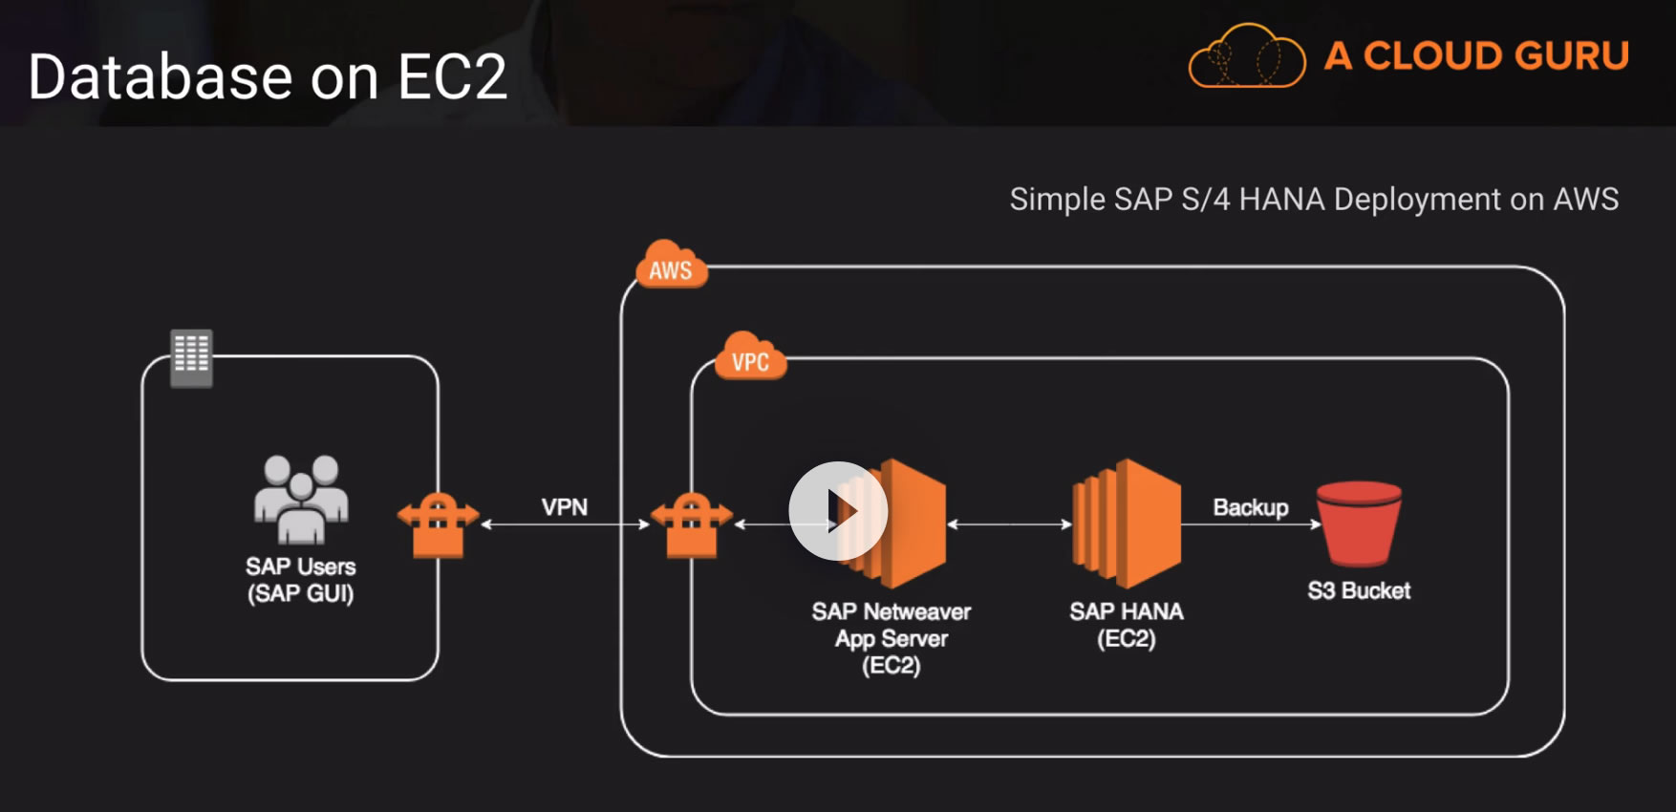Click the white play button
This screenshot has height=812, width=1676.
click(838, 511)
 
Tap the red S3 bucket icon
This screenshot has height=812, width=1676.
click(1358, 524)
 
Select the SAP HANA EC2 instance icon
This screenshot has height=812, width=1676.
click(1127, 524)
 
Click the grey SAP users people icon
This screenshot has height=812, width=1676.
click(301, 498)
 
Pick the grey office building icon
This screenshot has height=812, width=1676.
click(191, 357)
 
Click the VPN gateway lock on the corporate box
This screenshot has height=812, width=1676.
click(438, 524)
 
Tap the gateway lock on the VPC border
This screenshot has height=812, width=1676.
click(691, 524)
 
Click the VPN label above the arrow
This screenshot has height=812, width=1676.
click(565, 507)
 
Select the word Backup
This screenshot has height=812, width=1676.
click(1250, 507)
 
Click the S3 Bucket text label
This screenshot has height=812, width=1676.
click(1359, 590)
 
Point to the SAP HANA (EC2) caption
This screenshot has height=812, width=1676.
click(1127, 625)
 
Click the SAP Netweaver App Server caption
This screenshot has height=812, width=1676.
click(892, 638)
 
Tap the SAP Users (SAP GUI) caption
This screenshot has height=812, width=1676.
click(301, 580)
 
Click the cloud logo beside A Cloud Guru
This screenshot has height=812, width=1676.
click(1246, 56)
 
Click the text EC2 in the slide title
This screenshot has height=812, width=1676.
click(451, 77)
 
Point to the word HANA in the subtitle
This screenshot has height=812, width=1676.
click(1281, 199)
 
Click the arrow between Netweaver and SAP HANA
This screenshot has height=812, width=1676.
click(1009, 524)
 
